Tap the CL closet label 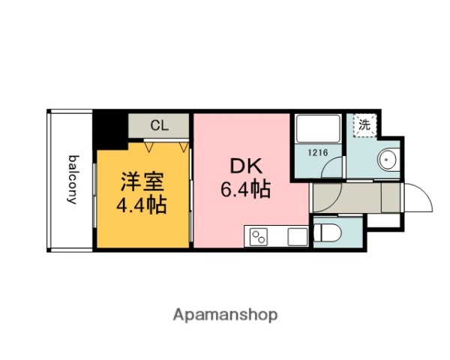click(x=159, y=125)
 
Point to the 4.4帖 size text click(x=140, y=204)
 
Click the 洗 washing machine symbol click(x=364, y=125)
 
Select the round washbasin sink click(x=388, y=160)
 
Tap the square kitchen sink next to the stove click(x=296, y=236)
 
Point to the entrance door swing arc click(x=418, y=200)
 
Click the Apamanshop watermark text click(x=226, y=314)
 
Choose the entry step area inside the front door click(x=392, y=199)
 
